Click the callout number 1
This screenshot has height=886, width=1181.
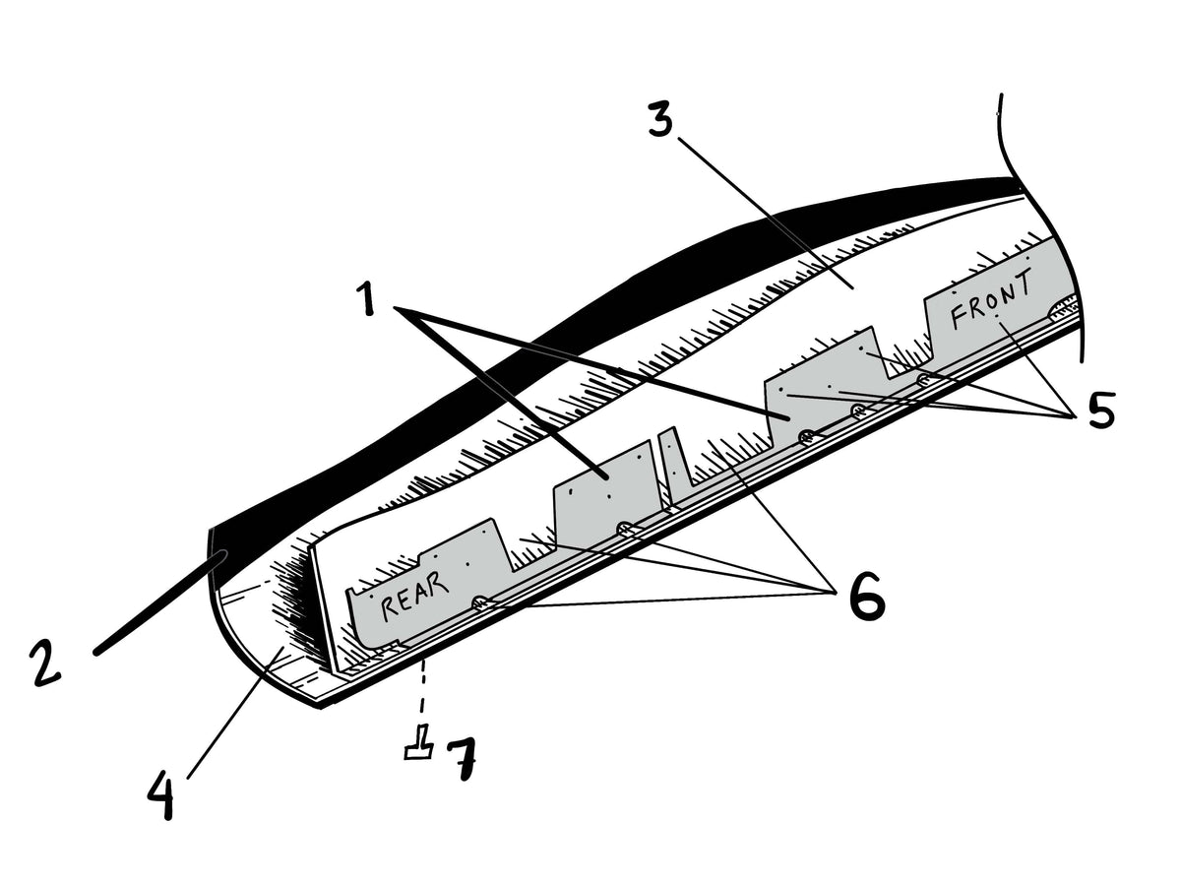pyautogui.click(x=367, y=299)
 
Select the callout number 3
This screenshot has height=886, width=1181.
pyautogui.click(x=659, y=116)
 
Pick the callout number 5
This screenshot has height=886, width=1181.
pyautogui.click(x=1101, y=410)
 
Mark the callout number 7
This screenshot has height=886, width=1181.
pyautogui.click(x=462, y=757)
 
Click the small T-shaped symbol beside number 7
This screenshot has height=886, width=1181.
pyautogui.click(x=419, y=743)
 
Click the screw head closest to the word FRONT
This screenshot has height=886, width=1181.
pyautogui.click(x=924, y=380)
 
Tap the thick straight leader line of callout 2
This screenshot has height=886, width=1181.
pyautogui.click(x=160, y=603)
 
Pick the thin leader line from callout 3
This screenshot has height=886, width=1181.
pyautogui.click(x=765, y=212)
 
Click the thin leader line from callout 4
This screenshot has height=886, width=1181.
pyautogui.click(x=235, y=714)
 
